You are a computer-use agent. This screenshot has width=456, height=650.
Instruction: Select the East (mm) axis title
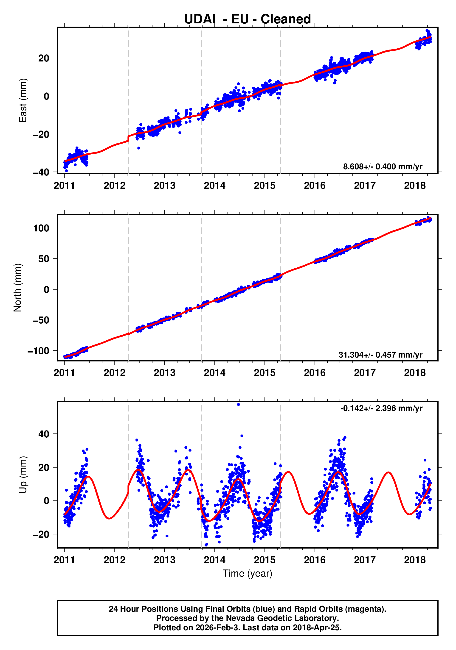coord(23,100)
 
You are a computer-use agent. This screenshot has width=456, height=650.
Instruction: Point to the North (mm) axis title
coord(18,288)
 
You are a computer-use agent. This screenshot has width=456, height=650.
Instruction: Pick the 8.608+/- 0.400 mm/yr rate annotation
coord(382,167)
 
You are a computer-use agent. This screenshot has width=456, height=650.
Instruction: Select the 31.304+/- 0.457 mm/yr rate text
coord(380,355)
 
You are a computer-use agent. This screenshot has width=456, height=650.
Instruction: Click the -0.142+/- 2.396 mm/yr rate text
coord(381,408)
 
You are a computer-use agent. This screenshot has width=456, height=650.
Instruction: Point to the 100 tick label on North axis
coord(41,228)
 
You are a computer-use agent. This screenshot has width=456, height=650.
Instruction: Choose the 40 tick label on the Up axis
coord(44,434)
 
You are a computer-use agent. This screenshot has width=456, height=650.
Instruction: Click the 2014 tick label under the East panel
coord(214,186)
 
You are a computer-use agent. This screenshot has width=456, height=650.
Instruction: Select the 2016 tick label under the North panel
coord(315,373)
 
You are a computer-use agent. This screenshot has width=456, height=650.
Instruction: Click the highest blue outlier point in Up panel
coord(238,405)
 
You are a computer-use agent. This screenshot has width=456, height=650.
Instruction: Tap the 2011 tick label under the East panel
coord(64,186)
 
